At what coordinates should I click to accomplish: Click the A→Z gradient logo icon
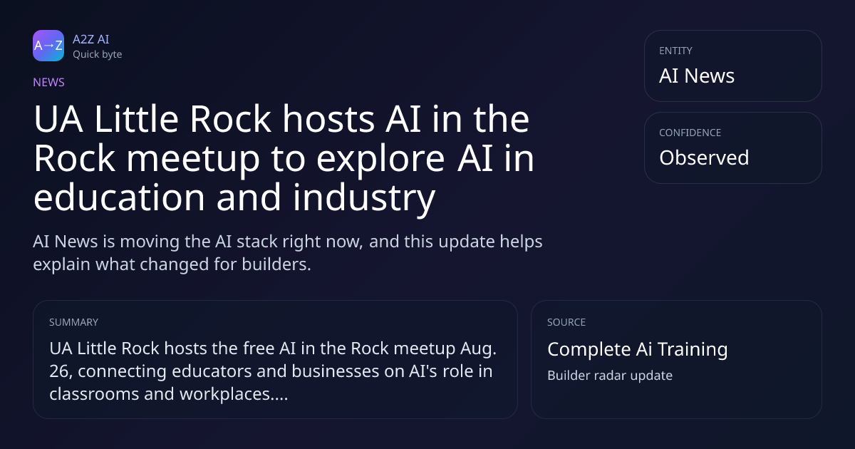click(48, 46)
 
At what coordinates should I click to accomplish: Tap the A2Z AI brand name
click(91, 39)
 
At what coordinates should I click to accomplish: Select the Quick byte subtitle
click(98, 55)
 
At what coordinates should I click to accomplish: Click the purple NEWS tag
click(49, 83)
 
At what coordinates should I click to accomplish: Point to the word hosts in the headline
click(328, 119)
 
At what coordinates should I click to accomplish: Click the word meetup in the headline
click(193, 159)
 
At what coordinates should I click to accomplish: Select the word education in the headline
click(119, 197)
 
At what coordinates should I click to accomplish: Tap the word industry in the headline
click(364, 198)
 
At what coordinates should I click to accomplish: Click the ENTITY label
click(675, 51)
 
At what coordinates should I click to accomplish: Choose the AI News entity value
click(697, 76)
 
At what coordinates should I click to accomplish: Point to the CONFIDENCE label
click(690, 133)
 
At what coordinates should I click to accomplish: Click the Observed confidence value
click(704, 158)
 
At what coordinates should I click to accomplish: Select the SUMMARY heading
click(73, 322)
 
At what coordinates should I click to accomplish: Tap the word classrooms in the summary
click(94, 394)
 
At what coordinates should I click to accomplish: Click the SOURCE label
click(566, 322)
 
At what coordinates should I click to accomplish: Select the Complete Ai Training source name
click(638, 349)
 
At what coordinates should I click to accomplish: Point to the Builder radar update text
click(610, 376)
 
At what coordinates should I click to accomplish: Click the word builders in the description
click(276, 264)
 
